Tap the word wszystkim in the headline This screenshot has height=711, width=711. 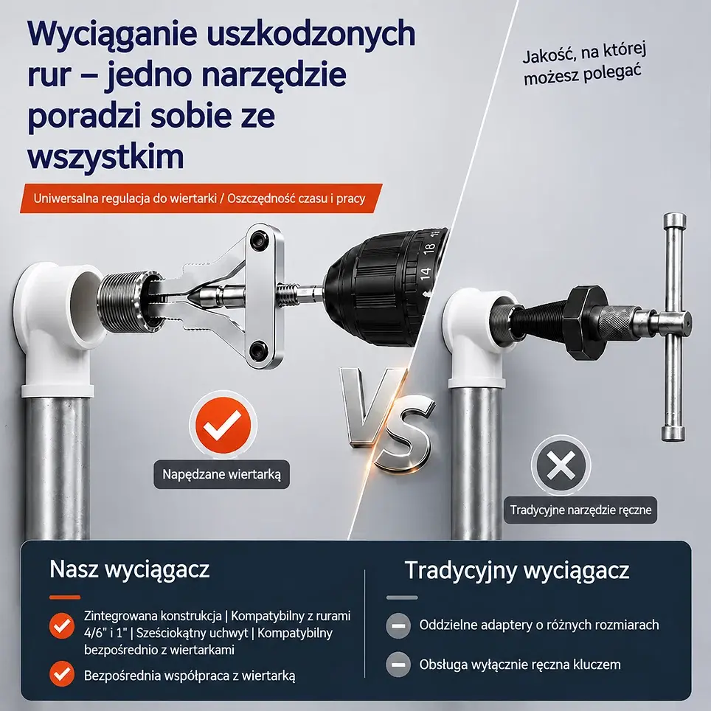[105, 157]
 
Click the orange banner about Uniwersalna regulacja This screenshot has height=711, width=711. [201, 198]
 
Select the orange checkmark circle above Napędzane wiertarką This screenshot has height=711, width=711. [223, 426]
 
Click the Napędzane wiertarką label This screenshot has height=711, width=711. [222, 474]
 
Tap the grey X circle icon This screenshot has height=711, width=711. [561, 465]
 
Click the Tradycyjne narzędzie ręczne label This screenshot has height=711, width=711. [580, 510]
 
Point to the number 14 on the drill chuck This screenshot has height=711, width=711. [424, 274]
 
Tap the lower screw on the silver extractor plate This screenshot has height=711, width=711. [259, 349]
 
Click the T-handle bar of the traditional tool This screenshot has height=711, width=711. [674, 327]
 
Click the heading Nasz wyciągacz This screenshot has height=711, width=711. [130, 569]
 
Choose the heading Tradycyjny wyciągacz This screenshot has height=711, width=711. [517, 570]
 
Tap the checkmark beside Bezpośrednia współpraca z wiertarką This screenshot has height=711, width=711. [62, 674]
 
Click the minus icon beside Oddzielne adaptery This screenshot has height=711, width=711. [398, 625]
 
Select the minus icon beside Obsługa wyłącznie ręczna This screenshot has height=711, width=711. [398, 665]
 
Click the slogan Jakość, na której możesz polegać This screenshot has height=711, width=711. [584, 64]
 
